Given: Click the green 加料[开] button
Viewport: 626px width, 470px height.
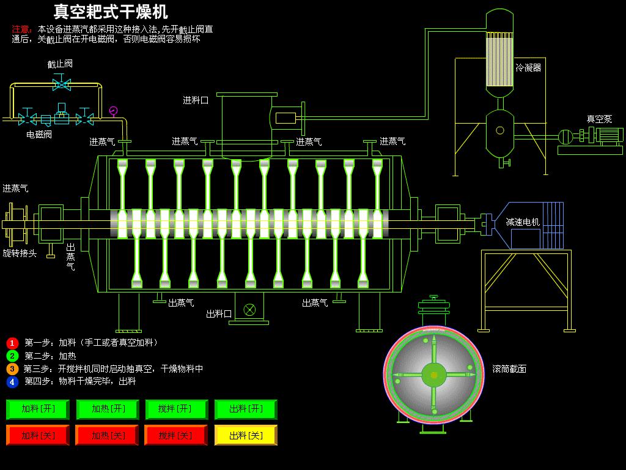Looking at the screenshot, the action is [38, 409].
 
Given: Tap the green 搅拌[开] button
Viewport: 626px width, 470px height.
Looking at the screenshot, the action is [177, 409].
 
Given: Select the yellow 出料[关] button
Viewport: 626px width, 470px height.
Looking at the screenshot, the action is [246, 435].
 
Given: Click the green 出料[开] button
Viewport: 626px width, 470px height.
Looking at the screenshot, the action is [246, 409].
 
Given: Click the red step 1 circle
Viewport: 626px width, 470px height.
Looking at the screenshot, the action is [12, 343].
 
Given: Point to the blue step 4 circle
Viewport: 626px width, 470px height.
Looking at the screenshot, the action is [12, 382].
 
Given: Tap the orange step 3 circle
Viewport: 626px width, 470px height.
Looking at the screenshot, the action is [12, 369].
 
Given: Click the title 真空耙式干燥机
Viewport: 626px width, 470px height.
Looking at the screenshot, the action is [111, 12].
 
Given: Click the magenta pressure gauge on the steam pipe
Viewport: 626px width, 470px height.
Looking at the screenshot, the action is [113, 110].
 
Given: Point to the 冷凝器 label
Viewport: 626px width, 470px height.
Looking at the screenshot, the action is [528, 67].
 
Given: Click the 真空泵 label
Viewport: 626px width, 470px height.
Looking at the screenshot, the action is [599, 119].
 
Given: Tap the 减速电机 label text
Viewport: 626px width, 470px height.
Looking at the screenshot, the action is [523, 222].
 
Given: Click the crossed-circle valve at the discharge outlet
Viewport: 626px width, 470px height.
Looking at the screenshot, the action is [249, 310].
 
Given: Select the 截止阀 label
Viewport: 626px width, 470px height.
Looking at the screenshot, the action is [60, 64].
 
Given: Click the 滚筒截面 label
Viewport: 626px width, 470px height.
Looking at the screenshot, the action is [509, 369].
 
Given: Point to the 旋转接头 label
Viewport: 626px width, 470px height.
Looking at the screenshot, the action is [20, 253].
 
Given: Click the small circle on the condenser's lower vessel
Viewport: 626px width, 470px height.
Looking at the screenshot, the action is [500, 130].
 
